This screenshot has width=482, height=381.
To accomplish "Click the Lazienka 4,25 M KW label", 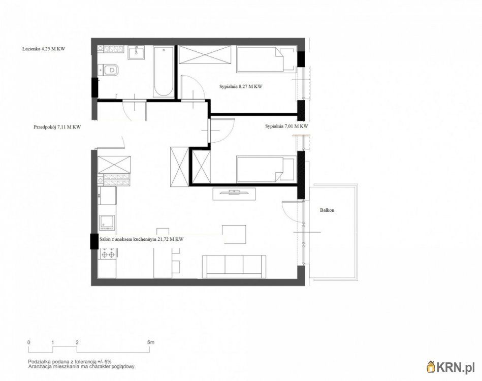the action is pos(44,49).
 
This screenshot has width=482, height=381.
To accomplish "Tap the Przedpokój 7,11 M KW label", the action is pos(57,126).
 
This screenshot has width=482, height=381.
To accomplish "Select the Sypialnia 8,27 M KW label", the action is pos(241,86).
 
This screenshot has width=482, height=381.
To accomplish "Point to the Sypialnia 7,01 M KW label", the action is pos(286,126).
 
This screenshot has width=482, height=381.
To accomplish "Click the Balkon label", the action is pos(327,210).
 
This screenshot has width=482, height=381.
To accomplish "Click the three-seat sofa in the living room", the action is pos(234,266).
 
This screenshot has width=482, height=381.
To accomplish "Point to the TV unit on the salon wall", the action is pos(234,194).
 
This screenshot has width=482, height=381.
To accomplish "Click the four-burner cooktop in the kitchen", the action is pos(108,255).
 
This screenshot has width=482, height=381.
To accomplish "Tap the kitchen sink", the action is pos(107,223).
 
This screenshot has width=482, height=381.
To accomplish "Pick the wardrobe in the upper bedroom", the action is pos(205,55).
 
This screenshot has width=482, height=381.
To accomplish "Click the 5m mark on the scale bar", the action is pos(151,342).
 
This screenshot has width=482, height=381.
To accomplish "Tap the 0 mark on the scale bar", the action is pos(28,342).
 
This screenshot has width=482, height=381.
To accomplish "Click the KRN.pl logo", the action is pos(451,367).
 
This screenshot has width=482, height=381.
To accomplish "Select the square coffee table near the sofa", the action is pos(235,234).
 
